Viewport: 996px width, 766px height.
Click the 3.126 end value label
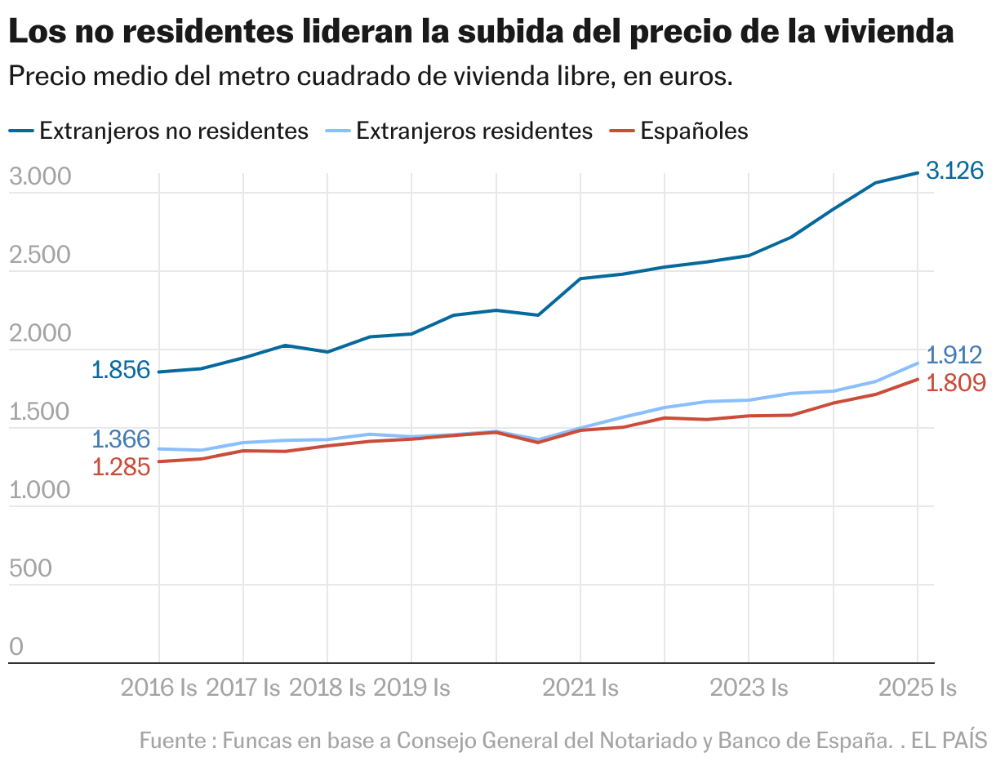955,171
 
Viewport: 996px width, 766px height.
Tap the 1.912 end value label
955,355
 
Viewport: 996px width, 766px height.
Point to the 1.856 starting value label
121,370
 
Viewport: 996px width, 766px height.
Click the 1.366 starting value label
121,439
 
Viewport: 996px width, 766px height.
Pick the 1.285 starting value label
121,467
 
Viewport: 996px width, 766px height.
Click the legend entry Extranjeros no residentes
174,131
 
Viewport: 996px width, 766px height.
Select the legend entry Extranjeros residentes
474,131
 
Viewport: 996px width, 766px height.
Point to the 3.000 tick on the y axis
40,177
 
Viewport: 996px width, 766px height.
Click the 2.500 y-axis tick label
40,256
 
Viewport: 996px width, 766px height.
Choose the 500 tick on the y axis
30,568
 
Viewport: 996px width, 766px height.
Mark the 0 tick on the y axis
16,647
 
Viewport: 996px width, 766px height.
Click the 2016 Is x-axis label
159,688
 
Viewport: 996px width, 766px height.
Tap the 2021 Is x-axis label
580,688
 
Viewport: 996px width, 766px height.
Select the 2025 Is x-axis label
917,688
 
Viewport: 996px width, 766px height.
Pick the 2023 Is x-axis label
749,688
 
